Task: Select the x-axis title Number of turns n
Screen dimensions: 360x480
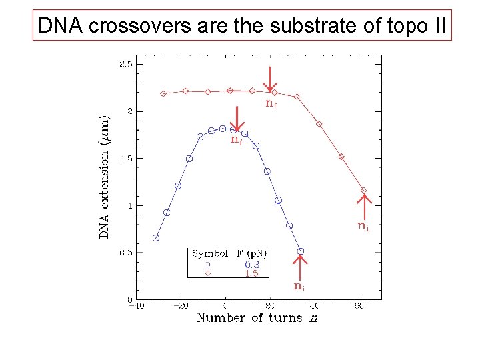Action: [x=257, y=317]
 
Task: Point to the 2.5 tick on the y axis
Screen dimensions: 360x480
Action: [x=125, y=64]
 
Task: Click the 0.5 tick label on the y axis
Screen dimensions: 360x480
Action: [x=125, y=253]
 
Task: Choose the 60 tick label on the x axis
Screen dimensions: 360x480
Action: [x=359, y=306]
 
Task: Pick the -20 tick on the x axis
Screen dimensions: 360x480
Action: [x=180, y=306]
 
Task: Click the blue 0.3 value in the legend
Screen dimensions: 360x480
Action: [x=251, y=264]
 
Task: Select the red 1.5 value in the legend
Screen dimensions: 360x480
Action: [x=251, y=273]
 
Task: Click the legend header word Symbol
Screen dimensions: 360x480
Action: [x=208, y=253]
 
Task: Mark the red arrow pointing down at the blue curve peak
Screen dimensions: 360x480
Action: [x=236, y=118]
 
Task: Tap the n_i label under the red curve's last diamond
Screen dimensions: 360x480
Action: [x=363, y=227]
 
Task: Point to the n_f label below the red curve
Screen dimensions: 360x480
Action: [x=271, y=103]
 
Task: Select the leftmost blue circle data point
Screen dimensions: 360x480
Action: [x=156, y=237]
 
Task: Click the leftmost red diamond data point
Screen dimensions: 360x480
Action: [x=163, y=94]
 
